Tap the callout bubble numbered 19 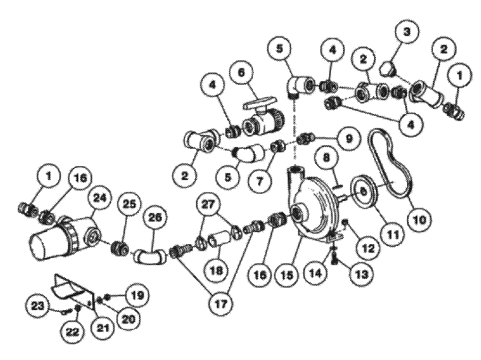137,295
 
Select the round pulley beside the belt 363,192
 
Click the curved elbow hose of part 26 150,258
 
